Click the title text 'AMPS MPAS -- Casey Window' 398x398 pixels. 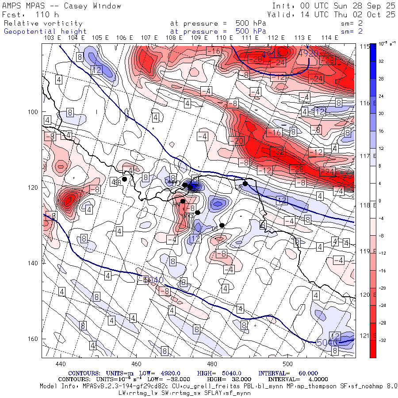click(x=62, y=6)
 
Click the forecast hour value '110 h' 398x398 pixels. click(x=44, y=15)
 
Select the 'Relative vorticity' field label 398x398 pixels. click(x=43, y=23)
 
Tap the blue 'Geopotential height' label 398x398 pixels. click(x=46, y=31)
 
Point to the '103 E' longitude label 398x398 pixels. click(x=53, y=38)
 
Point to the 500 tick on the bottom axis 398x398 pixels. click(x=288, y=364)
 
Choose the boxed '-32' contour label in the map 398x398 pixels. click(x=277, y=151)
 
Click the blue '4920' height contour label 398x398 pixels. click(x=309, y=53)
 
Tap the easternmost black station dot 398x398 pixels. click(x=245, y=184)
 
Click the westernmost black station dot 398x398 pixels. click(x=125, y=179)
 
